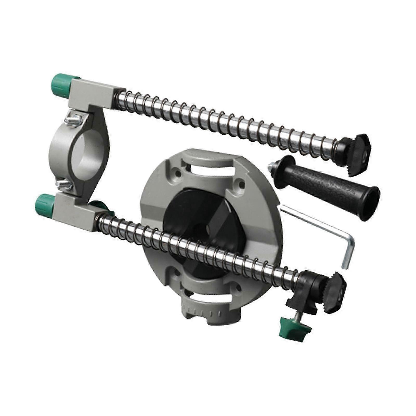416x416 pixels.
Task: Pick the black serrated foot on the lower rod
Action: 335,296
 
